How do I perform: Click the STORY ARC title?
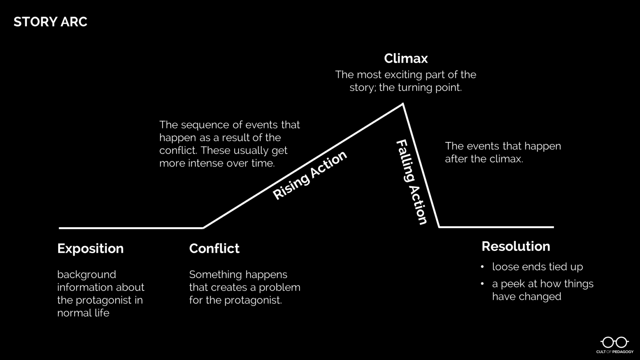pos(50,22)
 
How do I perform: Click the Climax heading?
pos(406,59)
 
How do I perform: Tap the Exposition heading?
pos(90,248)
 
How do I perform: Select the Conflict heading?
pos(214,248)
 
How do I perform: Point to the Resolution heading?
pos(516,246)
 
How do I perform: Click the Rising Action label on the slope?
pos(310,175)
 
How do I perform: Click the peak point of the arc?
pos(403,105)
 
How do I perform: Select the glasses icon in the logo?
pos(614,342)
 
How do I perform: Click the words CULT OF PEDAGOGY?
pos(615,352)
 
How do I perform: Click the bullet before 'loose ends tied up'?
pos(482,267)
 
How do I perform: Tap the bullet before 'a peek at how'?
pos(482,284)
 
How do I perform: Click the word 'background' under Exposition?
pos(86,275)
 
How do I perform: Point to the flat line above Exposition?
pos(130,228)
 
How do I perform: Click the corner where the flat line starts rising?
pos(203,228)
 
